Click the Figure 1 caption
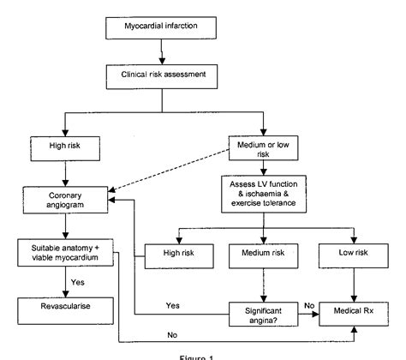pyautogui.click(x=203, y=354)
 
